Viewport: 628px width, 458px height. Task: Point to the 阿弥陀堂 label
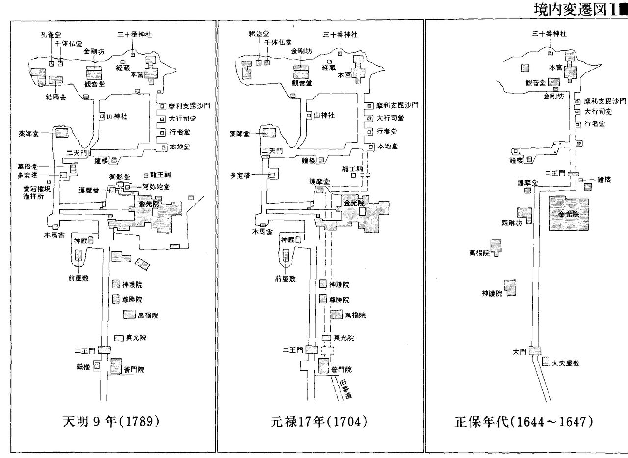click(x=149, y=186)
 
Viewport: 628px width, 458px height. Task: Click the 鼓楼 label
click(x=81, y=365)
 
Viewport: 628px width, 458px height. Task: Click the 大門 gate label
click(x=519, y=351)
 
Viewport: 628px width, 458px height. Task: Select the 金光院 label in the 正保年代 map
click(x=568, y=214)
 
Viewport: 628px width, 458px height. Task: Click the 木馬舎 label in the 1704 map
click(x=262, y=231)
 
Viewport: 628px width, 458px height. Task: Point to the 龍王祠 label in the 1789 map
click(x=161, y=175)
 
